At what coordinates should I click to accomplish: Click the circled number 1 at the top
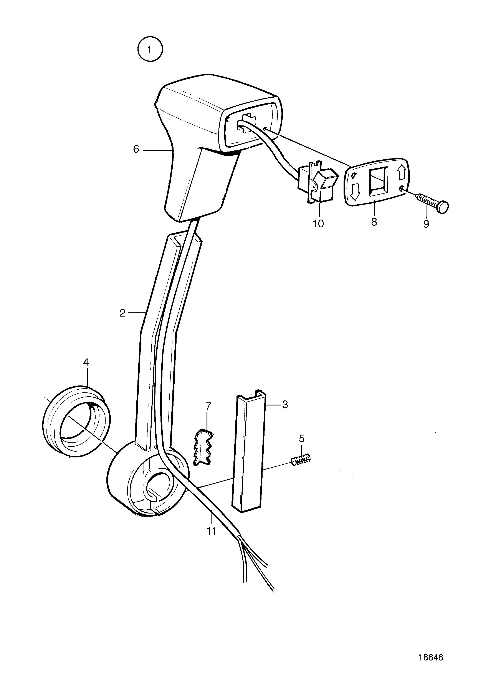[150, 49]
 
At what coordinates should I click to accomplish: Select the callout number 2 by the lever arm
[122, 313]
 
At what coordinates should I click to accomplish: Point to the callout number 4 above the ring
[86, 362]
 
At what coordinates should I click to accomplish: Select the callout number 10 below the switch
[318, 223]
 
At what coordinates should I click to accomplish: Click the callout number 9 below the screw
[426, 224]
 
